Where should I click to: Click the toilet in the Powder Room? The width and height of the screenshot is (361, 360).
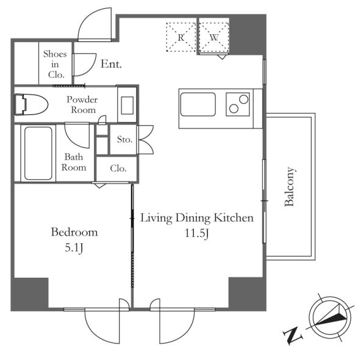pos(31,104)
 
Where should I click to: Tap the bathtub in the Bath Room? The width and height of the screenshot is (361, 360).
pos(38,154)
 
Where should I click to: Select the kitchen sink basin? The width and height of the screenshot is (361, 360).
pos(198,104)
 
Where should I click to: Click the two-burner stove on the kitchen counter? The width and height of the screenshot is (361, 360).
pos(238,104)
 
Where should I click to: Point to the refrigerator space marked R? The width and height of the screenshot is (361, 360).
pos(181,37)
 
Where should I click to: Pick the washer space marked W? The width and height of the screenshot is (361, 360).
pos(214,37)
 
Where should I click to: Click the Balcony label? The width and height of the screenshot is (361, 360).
pos(290,187)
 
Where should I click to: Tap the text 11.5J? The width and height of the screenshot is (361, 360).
pos(197,233)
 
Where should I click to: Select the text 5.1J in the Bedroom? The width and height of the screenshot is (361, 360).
pos(74,248)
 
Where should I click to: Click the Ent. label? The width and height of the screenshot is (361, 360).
pos(111,64)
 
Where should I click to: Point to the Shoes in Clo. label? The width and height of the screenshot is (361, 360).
pos(55,64)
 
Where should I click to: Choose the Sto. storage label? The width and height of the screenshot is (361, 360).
pos(124,139)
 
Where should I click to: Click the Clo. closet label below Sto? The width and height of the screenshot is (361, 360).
pos(118,168)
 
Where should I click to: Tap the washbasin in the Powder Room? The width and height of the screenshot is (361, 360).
pos(127,105)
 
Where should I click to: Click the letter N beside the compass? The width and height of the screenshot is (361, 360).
pos(292,336)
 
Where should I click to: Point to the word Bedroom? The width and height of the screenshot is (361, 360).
pos(74,232)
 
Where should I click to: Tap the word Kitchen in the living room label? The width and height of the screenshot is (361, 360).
pos(234,218)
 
